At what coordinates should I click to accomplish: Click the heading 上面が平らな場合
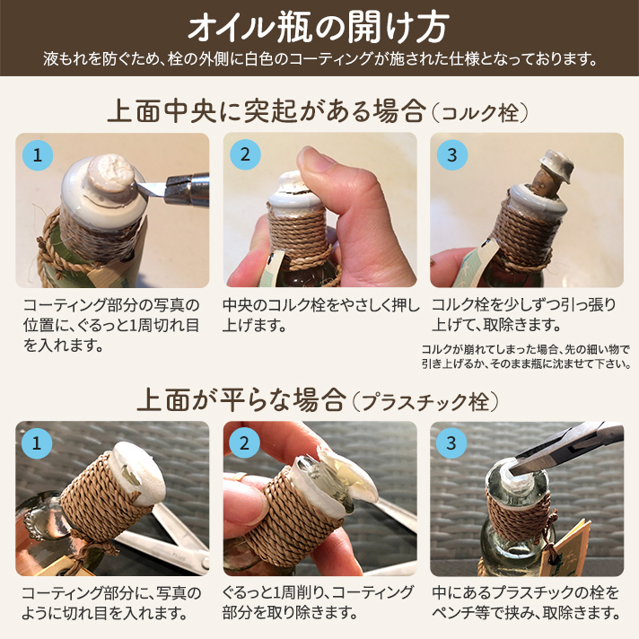click(241, 399)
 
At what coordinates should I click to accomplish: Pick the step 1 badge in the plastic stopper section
click(37, 442)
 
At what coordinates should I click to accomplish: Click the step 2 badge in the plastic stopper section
click(244, 442)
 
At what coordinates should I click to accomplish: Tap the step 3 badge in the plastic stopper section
click(451, 442)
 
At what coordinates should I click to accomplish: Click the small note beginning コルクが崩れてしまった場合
click(526, 356)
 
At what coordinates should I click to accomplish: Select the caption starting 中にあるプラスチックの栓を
click(526, 603)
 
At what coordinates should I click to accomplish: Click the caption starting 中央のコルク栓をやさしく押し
click(320, 314)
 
